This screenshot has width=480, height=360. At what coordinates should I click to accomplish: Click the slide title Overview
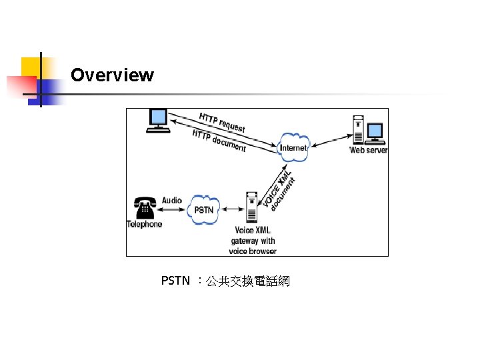click(x=112, y=75)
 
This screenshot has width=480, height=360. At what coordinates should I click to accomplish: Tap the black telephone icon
click(x=144, y=207)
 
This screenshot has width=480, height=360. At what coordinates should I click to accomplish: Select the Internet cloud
click(x=293, y=148)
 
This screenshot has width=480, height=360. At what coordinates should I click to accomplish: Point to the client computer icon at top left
click(x=158, y=121)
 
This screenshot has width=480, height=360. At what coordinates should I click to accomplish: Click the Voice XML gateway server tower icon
click(x=251, y=207)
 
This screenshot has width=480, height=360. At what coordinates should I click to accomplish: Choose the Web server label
click(x=369, y=150)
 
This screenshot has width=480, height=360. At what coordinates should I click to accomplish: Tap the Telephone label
click(x=145, y=224)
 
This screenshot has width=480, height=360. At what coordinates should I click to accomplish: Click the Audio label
click(x=171, y=200)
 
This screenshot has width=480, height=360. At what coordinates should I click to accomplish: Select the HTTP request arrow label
click(x=222, y=122)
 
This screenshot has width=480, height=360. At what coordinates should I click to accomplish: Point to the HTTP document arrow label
click(x=219, y=141)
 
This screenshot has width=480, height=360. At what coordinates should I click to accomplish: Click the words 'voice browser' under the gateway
click(x=252, y=251)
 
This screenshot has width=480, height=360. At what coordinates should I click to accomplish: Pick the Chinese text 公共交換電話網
click(x=247, y=281)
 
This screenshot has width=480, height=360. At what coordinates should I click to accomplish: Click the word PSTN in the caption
click(x=175, y=281)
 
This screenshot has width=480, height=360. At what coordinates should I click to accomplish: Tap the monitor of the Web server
click(x=375, y=131)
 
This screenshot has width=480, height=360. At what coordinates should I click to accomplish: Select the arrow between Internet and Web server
click(x=330, y=143)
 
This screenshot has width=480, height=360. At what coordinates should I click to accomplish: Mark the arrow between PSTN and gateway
click(x=231, y=209)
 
